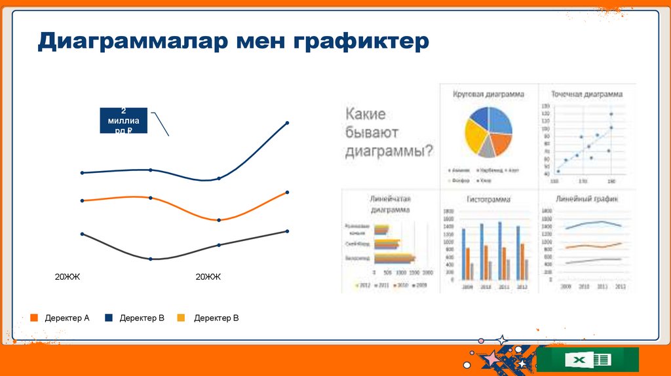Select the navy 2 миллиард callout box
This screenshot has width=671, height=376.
pos(124,120)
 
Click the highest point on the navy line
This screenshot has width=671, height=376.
pos(287,122)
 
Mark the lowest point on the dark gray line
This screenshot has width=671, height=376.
pos(151,259)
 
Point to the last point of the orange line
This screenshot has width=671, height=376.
pos(287,192)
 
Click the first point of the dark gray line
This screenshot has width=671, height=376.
pos(82,233)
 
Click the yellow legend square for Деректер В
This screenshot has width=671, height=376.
pos(181,318)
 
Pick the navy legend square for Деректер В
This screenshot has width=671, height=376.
pos(107,318)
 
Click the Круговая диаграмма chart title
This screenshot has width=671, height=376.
pos(488,94)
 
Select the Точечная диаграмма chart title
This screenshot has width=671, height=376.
pos(586,94)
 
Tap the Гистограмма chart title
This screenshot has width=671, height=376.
pos(488,199)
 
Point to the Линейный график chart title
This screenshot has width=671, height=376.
pos(586,198)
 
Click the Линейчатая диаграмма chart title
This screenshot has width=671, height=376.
pos(390,204)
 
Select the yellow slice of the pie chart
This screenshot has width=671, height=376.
pos(474,137)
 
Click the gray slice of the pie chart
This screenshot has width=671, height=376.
pos(486,149)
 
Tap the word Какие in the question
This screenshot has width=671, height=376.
pos(366,114)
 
